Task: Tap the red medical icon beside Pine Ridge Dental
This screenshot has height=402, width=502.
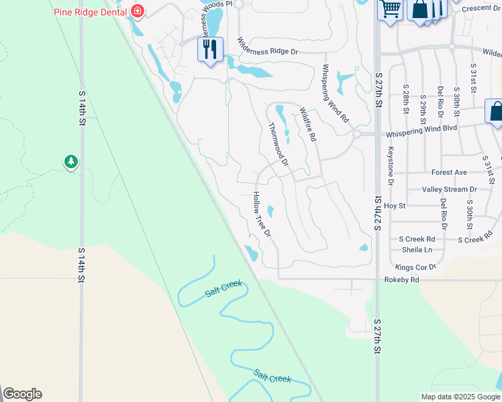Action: point(138,10)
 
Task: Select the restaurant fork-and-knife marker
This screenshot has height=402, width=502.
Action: point(210,49)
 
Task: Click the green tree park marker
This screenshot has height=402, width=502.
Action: point(71,162)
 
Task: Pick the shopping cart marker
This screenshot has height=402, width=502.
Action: point(389,9)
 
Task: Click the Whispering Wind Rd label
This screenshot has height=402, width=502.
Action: point(336,92)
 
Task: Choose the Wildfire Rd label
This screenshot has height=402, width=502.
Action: point(307,125)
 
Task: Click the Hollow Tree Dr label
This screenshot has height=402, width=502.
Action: point(261,214)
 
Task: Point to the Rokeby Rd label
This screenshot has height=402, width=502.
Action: point(401,279)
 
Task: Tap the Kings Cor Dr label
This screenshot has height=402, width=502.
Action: point(416,267)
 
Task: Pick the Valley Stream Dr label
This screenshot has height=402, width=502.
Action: point(449,190)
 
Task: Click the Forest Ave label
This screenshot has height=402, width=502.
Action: point(449,173)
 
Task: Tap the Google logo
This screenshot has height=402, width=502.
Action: point(22,394)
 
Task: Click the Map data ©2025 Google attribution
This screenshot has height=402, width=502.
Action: point(460,396)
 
